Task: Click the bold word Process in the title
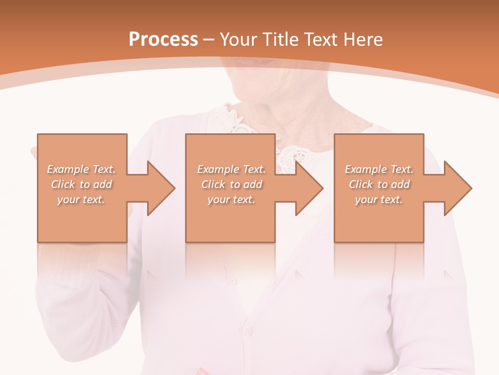pos(163,40)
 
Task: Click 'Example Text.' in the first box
pos(82,169)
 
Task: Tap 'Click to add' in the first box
pos(82,184)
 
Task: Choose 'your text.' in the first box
pos(82,199)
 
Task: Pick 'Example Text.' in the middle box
pos(231,169)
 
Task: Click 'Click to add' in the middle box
pos(231,184)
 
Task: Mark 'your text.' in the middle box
pos(231,199)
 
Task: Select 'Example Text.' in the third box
pos(379,169)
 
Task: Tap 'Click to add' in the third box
pos(379,184)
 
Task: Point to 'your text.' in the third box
pos(379,199)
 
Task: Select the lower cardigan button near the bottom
pos(248,330)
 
